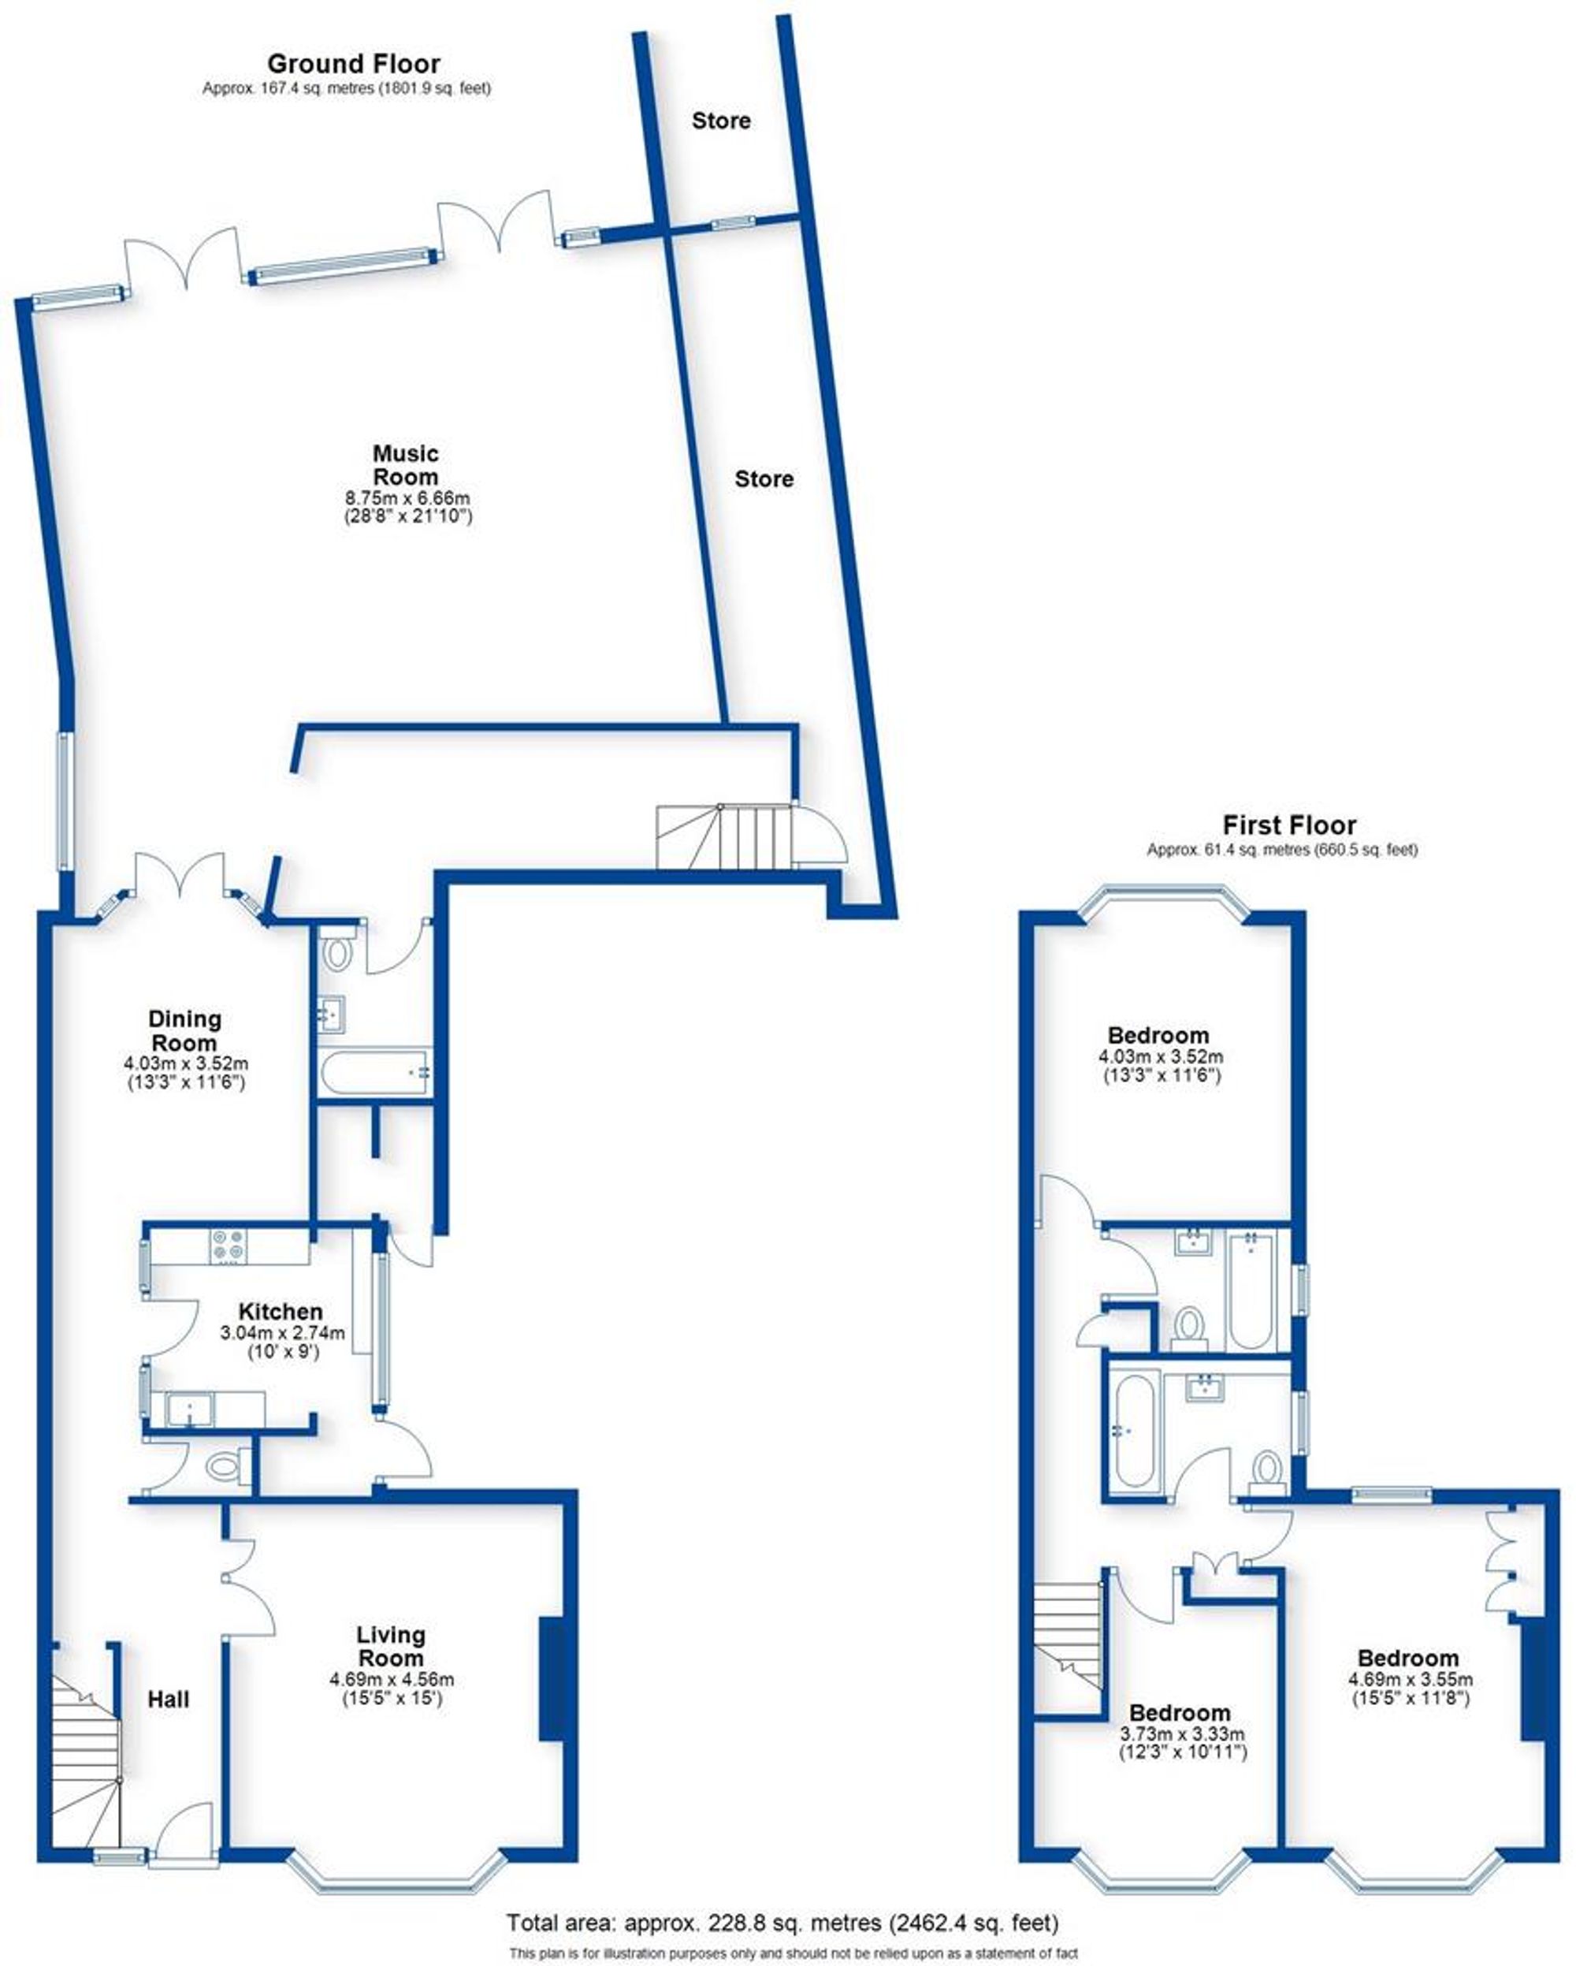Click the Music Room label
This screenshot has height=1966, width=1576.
(406, 465)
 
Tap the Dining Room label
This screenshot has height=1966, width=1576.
(184, 1030)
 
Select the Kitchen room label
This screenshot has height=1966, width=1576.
(280, 1311)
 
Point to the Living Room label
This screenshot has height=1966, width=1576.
(390, 1646)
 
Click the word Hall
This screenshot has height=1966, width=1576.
(169, 1699)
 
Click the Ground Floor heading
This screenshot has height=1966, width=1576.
(354, 64)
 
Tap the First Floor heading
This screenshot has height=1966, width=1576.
(1289, 825)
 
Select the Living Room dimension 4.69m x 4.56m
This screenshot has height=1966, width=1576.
(391, 1679)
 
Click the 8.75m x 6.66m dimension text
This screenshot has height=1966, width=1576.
(407, 498)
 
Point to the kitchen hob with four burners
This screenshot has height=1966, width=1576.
(228, 1246)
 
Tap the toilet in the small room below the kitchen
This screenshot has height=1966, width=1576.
(221, 1467)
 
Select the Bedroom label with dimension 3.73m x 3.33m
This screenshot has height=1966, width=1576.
(1180, 1712)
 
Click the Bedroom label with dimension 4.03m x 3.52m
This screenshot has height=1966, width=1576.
(1158, 1035)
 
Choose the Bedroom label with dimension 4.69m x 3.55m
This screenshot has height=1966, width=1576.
(1407, 1658)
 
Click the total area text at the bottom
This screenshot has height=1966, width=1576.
(782, 1923)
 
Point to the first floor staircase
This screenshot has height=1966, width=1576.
(1069, 1636)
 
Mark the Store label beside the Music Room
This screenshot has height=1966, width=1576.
(764, 478)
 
